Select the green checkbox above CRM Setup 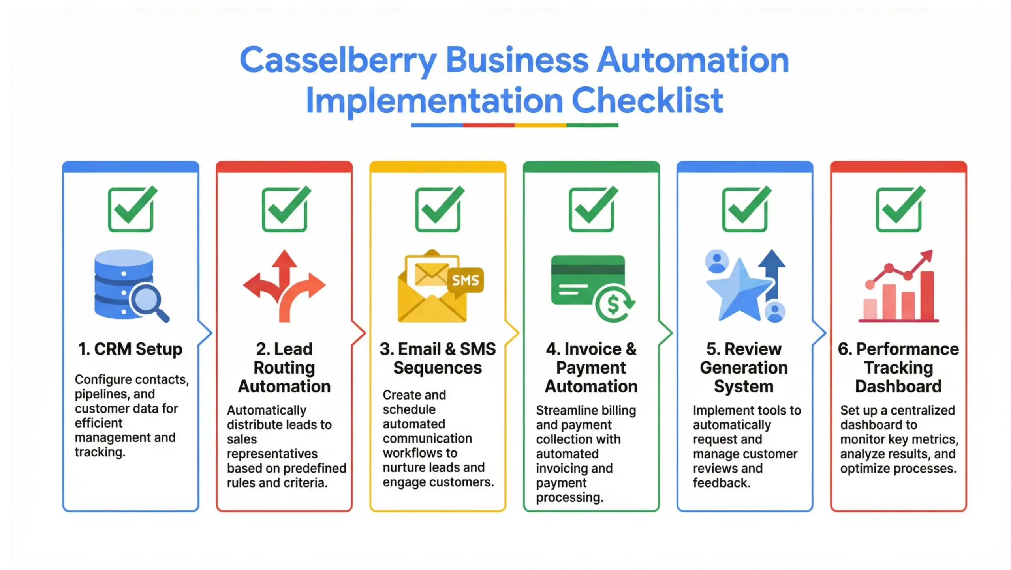pyautogui.click(x=131, y=209)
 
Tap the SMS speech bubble pyautogui.click(x=466, y=280)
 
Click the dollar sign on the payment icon pyautogui.click(x=613, y=304)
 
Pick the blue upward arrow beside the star pyautogui.click(x=772, y=272)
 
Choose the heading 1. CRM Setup pyautogui.click(x=130, y=349)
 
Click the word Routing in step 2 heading pyautogui.click(x=284, y=368)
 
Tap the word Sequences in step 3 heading pyautogui.click(x=438, y=368)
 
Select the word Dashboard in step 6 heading pyautogui.click(x=898, y=387)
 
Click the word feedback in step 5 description pyautogui.click(x=721, y=483)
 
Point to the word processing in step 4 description pyautogui.click(x=569, y=497)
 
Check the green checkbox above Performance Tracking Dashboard pyautogui.click(x=899, y=209)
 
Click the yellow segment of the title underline pyautogui.click(x=540, y=125)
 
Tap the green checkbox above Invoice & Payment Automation pyautogui.click(x=592, y=209)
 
